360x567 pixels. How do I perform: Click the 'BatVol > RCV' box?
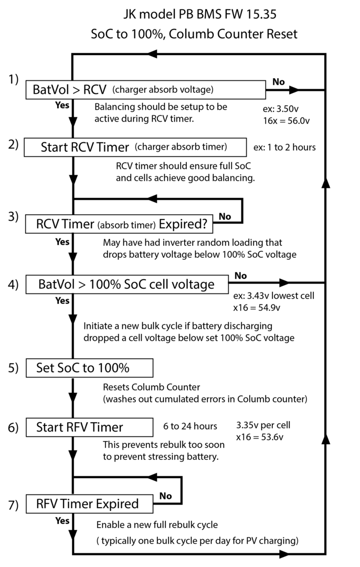click(144, 89)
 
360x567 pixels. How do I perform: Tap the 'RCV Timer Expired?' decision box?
click(118, 225)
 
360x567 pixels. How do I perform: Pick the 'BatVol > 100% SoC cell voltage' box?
click(126, 285)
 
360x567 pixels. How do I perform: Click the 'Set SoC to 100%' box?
click(89, 367)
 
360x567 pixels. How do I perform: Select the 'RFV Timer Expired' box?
click(88, 504)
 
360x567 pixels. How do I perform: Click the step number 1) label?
click(13, 80)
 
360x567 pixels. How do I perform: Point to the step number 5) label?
click(13, 367)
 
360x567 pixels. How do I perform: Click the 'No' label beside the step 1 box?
click(279, 82)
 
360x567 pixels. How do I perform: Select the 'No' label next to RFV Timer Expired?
click(165, 495)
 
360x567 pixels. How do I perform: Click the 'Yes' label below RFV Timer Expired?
click(62, 521)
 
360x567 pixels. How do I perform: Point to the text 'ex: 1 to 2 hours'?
click(284, 147)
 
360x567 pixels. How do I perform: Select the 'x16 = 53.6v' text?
click(260, 436)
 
